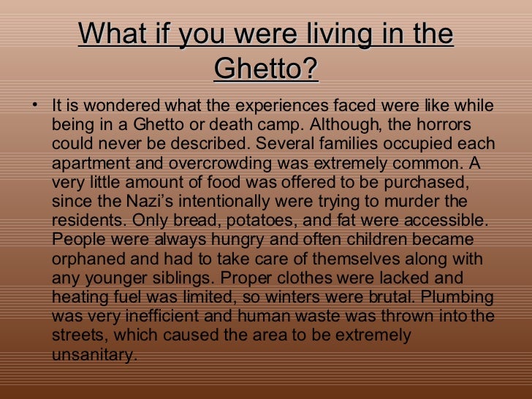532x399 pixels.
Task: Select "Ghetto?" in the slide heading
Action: tap(267, 69)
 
